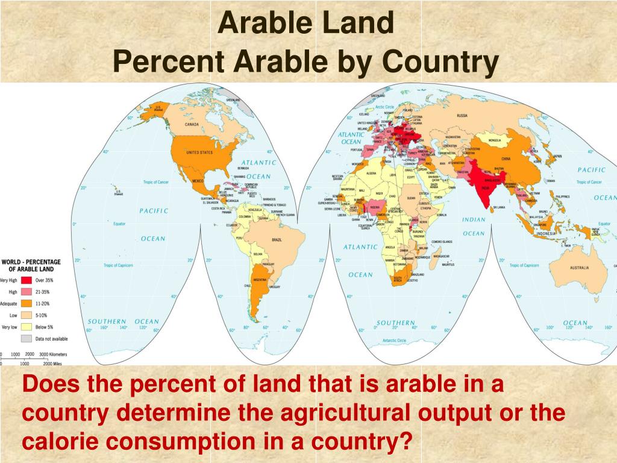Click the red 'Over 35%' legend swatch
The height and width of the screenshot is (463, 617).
(x=27, y=280)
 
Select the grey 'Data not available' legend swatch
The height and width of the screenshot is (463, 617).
(x=27, y=338)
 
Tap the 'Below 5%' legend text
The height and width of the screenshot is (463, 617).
(x=45, y=327)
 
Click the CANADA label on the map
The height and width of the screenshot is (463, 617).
(x=191, y=125)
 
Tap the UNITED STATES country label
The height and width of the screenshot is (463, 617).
(x=199, y=153)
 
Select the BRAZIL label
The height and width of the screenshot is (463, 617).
(x=277, y=240)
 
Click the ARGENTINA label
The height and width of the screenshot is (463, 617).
(x=260, y=281)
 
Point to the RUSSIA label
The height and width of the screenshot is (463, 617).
(x=462, y=115)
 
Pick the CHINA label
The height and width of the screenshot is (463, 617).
(x=506, y=159)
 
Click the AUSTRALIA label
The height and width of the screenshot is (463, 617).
(x=579, y=267)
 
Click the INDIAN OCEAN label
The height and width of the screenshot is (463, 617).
(x=474, y=226)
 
